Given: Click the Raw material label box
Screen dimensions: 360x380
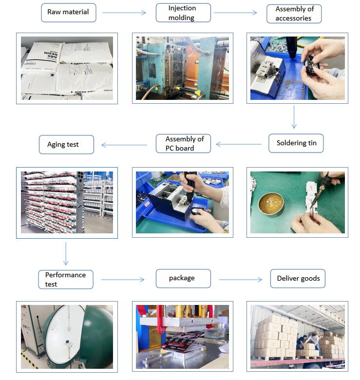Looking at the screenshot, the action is pos(69,13).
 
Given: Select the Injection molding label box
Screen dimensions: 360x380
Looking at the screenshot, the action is pos(183,13).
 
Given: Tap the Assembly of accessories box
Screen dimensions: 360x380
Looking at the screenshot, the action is pos(294,14).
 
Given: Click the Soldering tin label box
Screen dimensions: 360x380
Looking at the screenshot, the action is pos(296,143).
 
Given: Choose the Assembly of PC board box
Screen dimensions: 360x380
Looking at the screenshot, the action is pos(183,143).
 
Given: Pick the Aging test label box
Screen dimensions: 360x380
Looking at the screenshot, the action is pos(66,144).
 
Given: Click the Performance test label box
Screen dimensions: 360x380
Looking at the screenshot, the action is pos(66,280).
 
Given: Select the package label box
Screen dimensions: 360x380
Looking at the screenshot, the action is pos(183,279).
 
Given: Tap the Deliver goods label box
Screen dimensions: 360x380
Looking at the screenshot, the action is pos(298,279).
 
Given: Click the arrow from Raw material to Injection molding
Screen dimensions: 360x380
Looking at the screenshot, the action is pos(124,13).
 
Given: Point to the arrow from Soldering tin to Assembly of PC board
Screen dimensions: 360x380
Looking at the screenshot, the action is pos(239,144).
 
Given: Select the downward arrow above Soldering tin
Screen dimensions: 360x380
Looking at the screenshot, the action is pos(294,116).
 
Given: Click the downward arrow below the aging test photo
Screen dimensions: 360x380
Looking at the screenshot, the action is pos(66,253).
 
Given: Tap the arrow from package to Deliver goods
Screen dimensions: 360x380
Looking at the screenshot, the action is pos(240,280).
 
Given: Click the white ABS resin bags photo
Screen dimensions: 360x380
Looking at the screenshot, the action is pos(67,68).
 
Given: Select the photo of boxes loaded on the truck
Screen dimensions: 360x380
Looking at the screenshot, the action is pos(298,337).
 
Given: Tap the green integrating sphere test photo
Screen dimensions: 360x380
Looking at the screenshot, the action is pos(67,337).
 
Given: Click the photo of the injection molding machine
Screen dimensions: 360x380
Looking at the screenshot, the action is pos(182,68).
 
